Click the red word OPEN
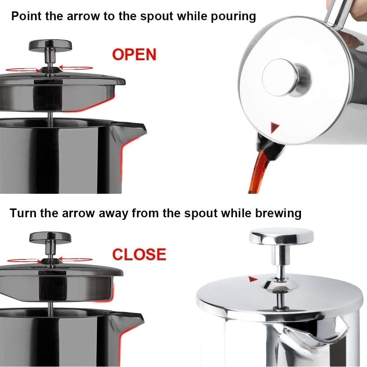click(134, 54)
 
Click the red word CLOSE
click(139, 254)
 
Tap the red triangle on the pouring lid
click(275, 127)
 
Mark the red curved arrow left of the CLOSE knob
click(22, 260)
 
